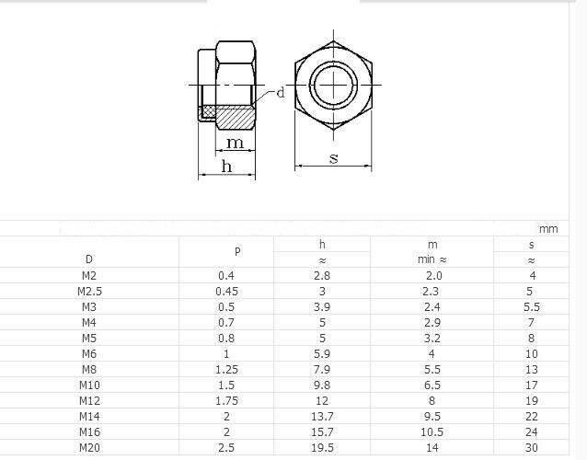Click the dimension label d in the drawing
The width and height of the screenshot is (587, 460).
click(x=281, y=93)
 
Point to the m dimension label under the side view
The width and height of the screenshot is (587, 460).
click(x=236, y=143)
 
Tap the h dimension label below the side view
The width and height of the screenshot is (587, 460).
click(x=226, y=166)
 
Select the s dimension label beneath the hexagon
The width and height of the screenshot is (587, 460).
click(x=334, y=158)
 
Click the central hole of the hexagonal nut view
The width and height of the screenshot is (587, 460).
click(x=333, y=86)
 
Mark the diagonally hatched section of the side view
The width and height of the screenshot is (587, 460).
click(x=237, y=115)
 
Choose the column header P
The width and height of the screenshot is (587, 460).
click(x=236, y=251)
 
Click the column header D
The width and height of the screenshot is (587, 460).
click(x=88, y=259)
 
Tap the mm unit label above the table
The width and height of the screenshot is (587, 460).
click(x=548, y=228)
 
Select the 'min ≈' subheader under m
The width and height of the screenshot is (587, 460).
click(x=432, y=260)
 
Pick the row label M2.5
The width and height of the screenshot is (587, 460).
click(x=89, y=292)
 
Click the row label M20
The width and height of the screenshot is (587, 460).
click(x=89, y=448)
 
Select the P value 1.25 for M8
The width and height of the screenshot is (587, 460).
click(x=226, y=370)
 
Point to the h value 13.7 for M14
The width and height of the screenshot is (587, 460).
click(x=322, y=417)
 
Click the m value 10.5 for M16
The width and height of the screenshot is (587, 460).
click(x=432, y=432)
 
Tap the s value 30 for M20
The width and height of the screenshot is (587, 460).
click(x=532, y=448)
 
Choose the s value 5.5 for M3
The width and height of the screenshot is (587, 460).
click(x=532, y=307)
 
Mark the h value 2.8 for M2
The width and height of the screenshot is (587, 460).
click(x=322, y=276)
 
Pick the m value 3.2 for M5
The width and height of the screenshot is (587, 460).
click(x=432, y=339)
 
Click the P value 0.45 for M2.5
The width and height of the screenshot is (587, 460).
click(x=226, y=292)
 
